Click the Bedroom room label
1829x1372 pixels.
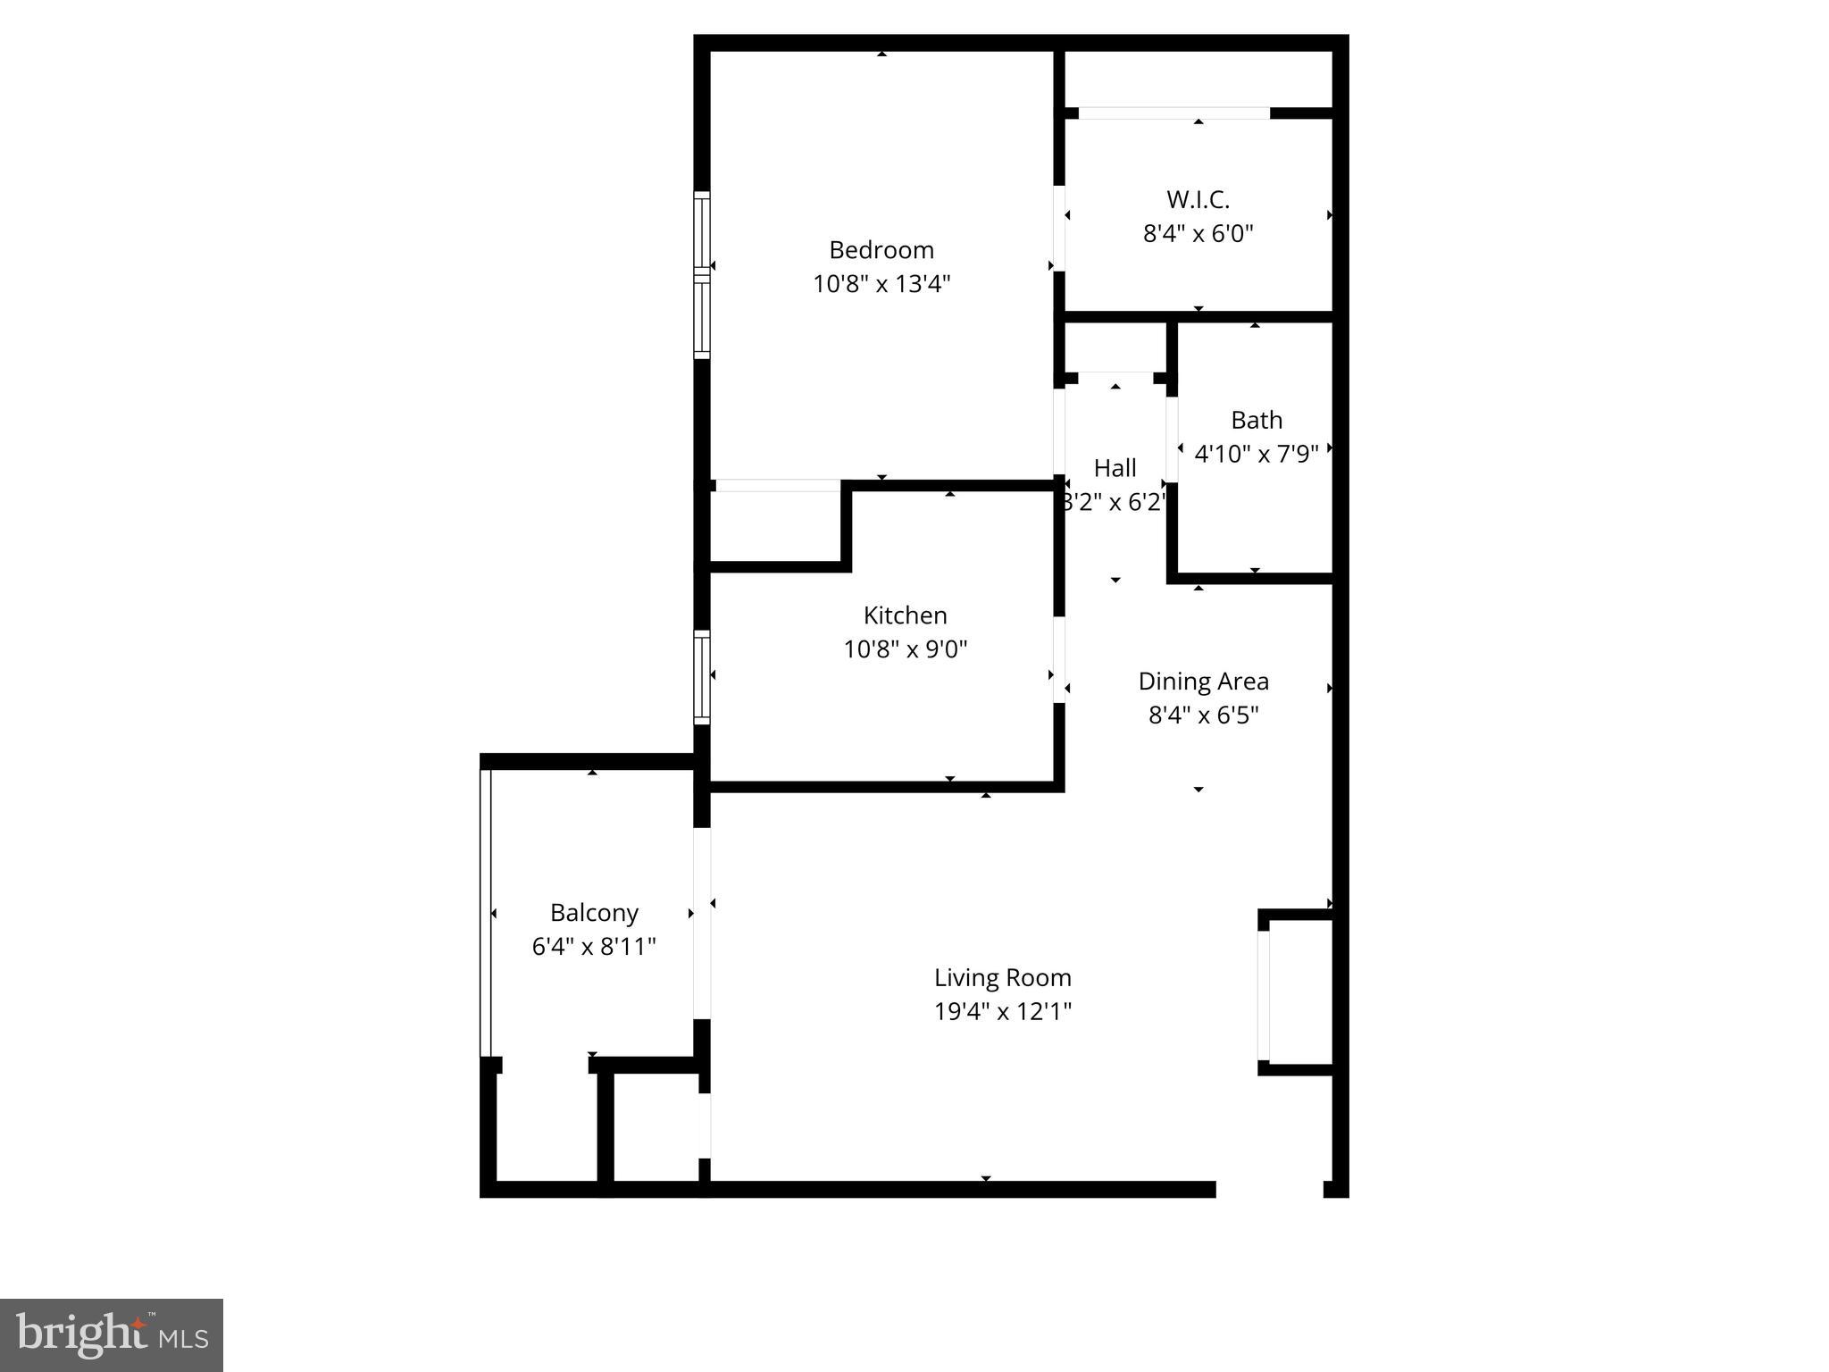[x=881, y=250]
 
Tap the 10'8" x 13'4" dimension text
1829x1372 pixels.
[x=881, y=284]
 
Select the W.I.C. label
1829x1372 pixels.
[x=1198, y=199]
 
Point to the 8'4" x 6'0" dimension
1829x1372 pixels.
[x=1198, y=234]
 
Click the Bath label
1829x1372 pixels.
[x=1256, y=420]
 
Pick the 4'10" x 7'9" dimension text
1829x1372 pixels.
[x=1256, y=454]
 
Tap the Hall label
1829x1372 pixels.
[x=1115, y=468]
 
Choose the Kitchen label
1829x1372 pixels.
[x=905, y=615]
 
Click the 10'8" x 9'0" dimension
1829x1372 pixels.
[x=905, y=649]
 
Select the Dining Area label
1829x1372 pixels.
[x=1202, y=682]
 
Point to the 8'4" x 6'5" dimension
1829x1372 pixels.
[x=1202, y=715]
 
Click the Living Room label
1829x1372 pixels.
[x=1002, y=978]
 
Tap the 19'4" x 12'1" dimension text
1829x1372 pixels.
[x=1002, y=1012]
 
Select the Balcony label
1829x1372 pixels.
[x=594, y=913]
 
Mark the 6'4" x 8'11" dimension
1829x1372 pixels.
[x=594, y=947]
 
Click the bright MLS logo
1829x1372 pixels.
[x=112, y=1334]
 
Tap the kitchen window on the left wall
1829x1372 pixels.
[x=702, y=677]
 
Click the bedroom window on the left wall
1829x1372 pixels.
[x=702, y=275]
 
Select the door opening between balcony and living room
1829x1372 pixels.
[x=702, y=923]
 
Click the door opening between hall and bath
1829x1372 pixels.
[x=1172, y=439]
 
